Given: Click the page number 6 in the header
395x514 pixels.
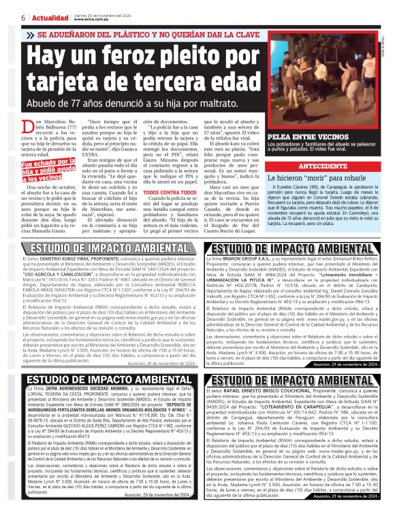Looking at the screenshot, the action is (5, 16).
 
